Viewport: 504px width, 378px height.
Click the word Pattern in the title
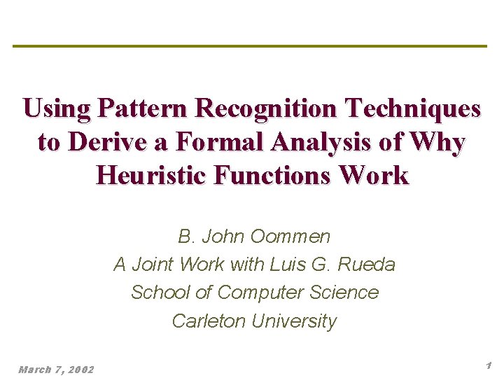144,108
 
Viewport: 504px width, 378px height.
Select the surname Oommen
295,237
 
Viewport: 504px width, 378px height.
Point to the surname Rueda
368,265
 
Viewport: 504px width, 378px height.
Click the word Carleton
209,321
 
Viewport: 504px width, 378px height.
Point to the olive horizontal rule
249,46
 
